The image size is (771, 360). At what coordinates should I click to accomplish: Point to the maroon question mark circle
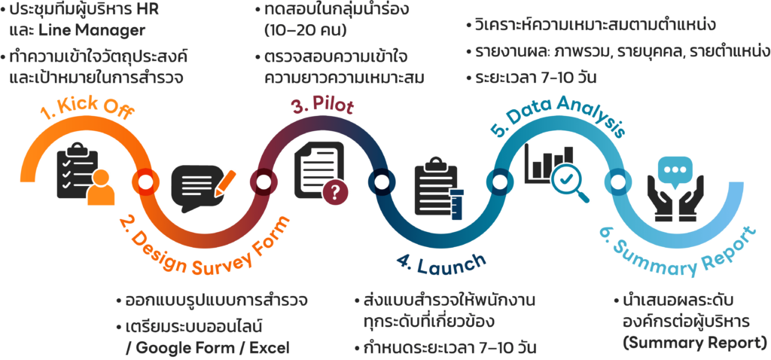(335, 193)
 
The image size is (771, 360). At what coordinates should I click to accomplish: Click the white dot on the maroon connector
(264, 182)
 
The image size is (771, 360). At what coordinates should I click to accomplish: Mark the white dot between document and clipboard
(382, 182)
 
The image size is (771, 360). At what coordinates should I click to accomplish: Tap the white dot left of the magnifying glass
(499, 182)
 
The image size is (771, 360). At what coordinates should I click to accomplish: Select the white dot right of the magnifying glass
(618, 182)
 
